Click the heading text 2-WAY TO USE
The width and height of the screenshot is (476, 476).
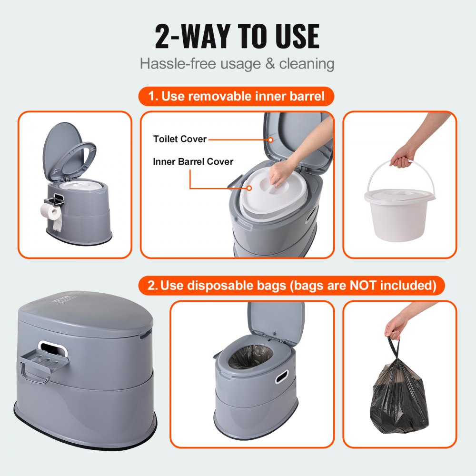tap(237, 36)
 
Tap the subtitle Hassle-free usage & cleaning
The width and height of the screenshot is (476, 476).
tap(237, 63)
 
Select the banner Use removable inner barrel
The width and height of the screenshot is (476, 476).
tap(237, 97)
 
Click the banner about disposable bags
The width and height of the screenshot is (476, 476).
tap(292, 286)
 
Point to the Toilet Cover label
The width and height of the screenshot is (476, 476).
tap(180, 139)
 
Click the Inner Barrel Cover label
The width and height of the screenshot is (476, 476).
tap(193, 161)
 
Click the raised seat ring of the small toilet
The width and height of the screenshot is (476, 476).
tap(79, 155)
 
